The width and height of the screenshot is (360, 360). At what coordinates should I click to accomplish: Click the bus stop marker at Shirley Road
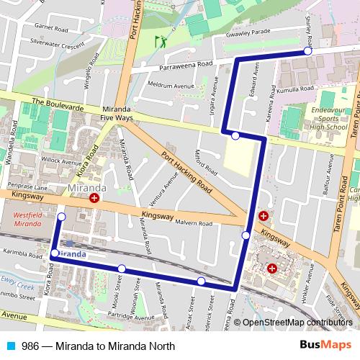pyautogui.click(x=307, y=51)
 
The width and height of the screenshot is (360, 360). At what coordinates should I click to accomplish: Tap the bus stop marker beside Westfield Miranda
pyautogui.click(x=60, y=217)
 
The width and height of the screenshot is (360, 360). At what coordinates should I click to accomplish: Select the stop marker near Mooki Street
pyautogui.click(x=122, y=269)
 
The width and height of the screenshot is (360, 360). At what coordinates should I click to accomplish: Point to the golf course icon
pyautogui.click(x=161, y=41)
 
